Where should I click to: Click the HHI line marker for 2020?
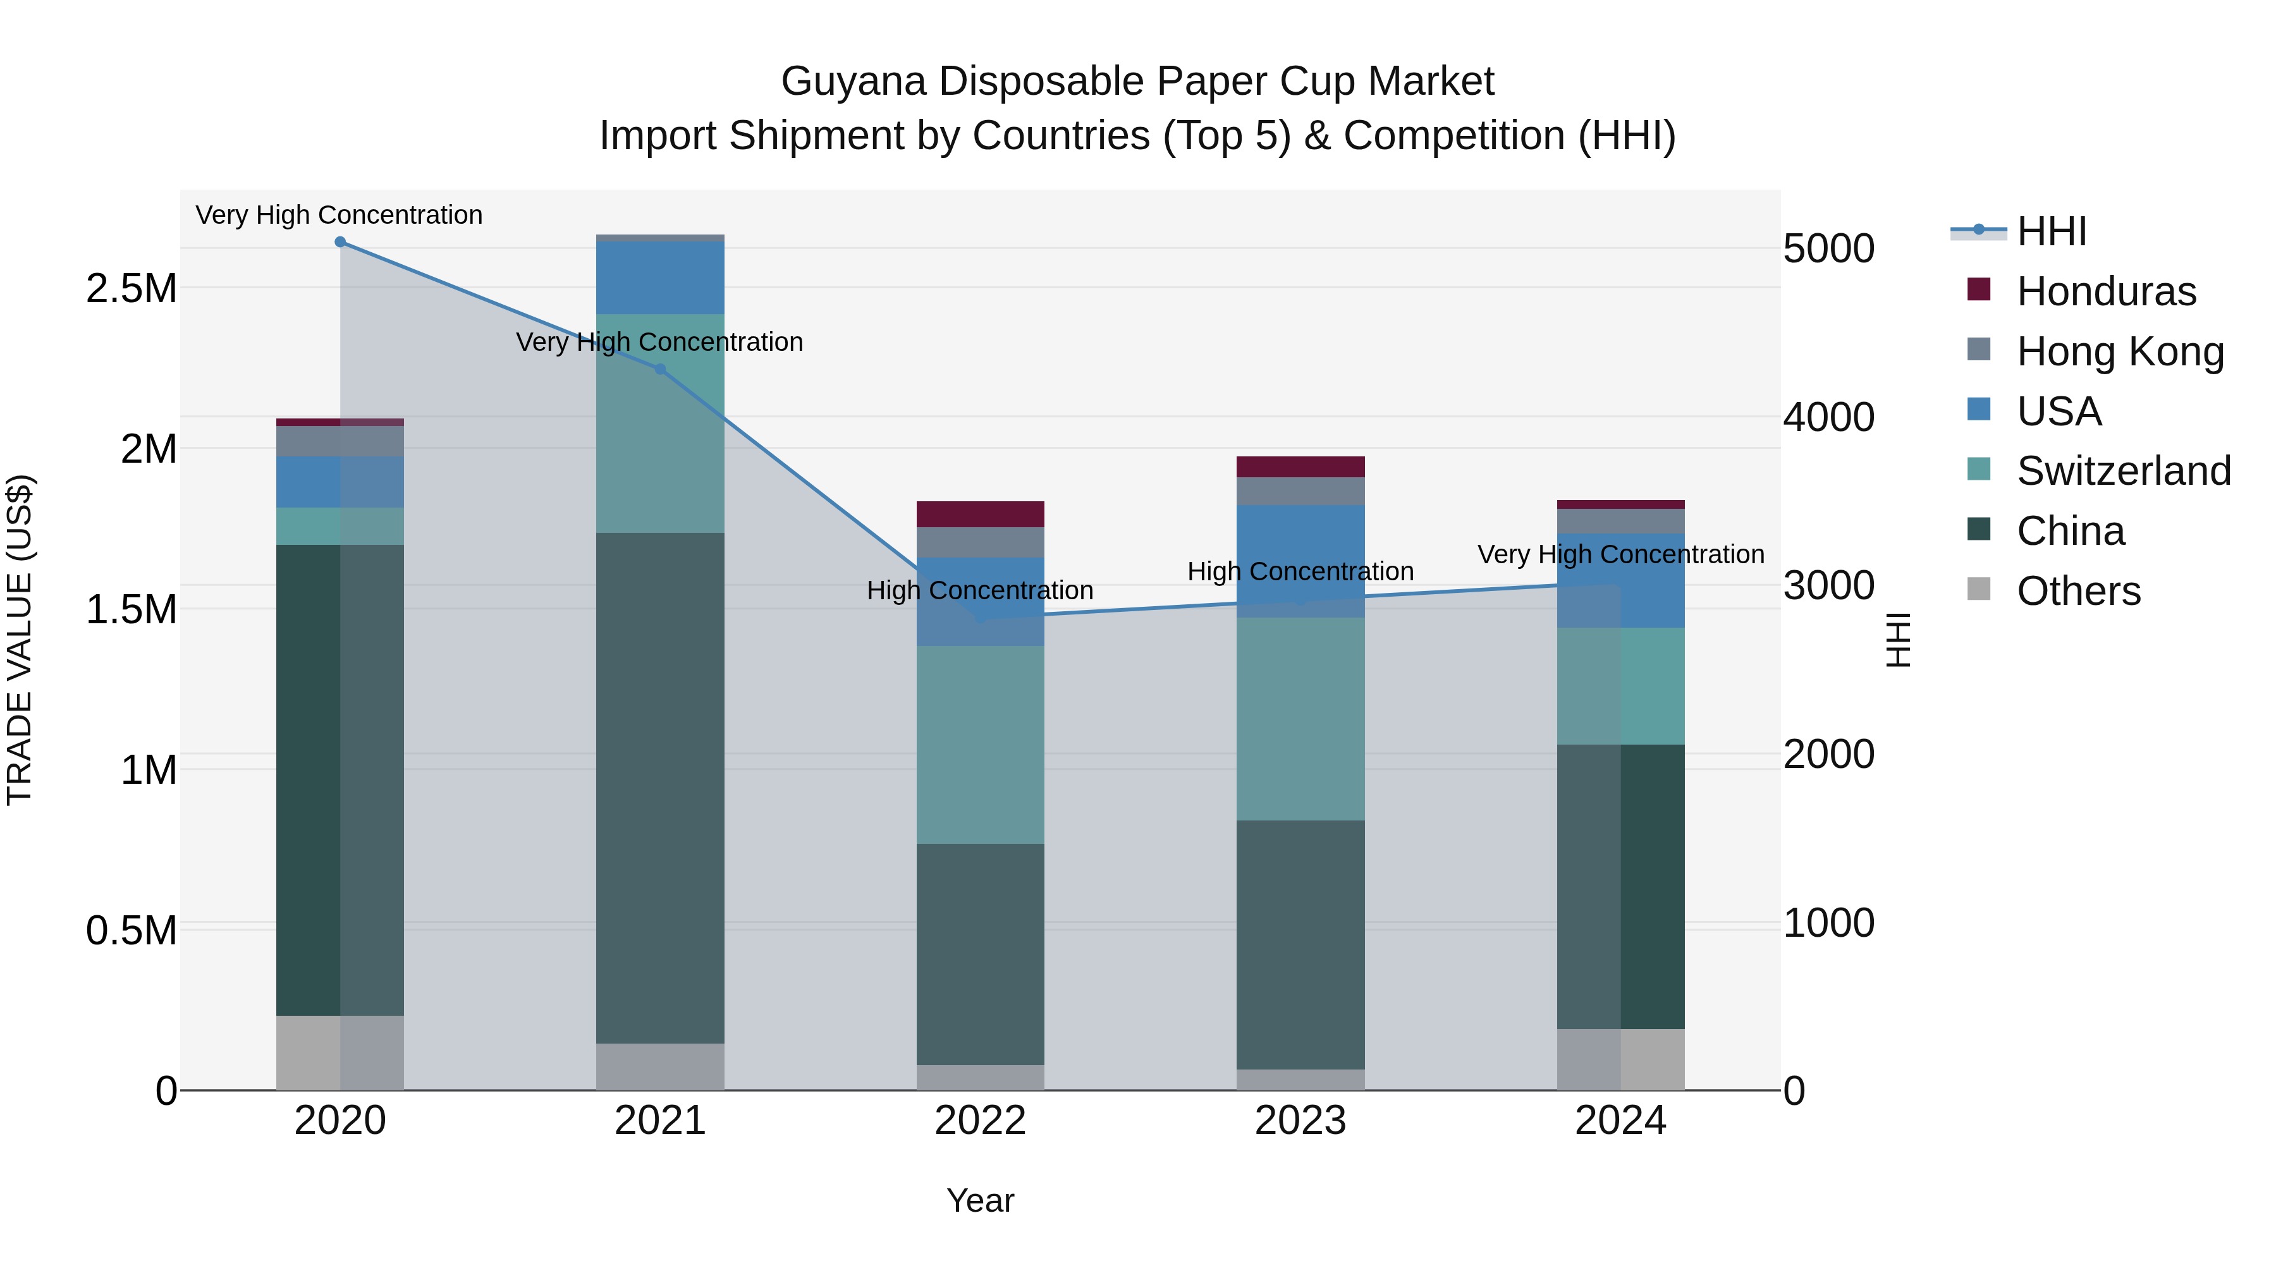[340, 242]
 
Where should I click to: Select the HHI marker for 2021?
[660, 369]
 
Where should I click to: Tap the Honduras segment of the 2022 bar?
[980, 514]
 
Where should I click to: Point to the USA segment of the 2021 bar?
[660, 277]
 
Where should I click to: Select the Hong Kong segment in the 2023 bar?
[1300, 491]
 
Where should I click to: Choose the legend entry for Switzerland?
[2123, 471]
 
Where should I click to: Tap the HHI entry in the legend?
[2051, 231]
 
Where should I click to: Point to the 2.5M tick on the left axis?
[131, 289]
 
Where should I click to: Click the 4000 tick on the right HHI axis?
[1828, 417]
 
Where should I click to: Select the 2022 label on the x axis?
[980, 1121]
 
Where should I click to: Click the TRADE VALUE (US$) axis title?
[20, 640]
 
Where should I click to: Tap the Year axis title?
[980, 1200]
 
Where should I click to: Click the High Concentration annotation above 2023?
[1300, 571]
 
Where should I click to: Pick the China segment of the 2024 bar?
[1620, 886]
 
